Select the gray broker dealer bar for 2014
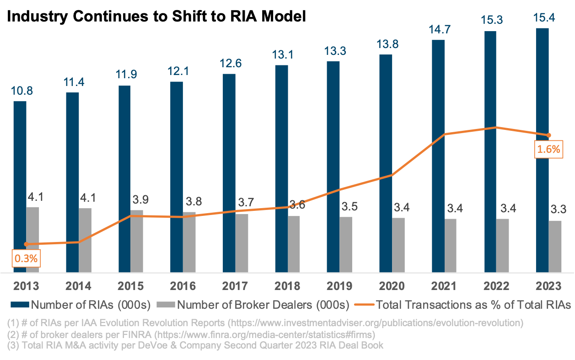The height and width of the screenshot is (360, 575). [x=85, y=240]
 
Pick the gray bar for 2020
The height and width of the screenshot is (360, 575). [x=398, y=245]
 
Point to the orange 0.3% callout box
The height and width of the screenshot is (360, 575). [x=26, y=258]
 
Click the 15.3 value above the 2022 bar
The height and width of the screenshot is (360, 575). [x=490, y=20]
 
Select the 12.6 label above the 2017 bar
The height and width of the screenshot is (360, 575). [x=229, y=63]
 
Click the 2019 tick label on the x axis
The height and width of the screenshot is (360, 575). [x=339, y=286]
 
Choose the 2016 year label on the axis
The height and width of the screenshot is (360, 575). [x=183, y=286]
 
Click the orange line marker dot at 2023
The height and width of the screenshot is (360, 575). [x=549, y=135]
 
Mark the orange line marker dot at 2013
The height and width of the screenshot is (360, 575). [x=26, y=244]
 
